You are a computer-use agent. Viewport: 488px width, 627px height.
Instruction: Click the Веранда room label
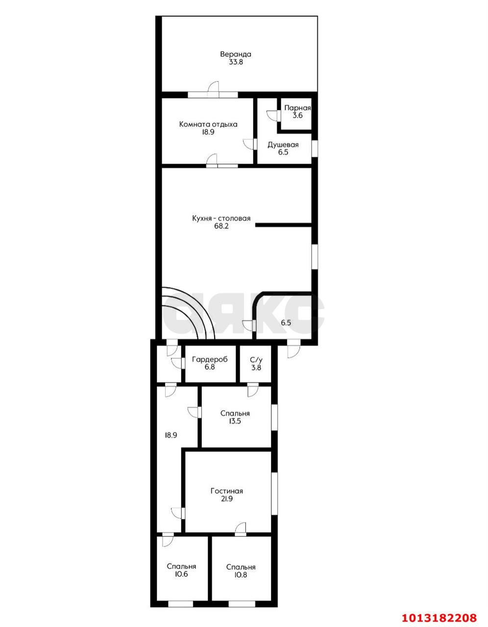(x=236, y=54)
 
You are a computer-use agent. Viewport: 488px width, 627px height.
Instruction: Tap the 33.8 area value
(x=236, y=62)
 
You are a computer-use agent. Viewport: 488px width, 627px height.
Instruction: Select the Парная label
(x=297, y=108)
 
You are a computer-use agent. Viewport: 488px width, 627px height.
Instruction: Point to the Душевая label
(x=283, y=145)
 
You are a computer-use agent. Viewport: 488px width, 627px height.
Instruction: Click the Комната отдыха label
(x=208, y=124)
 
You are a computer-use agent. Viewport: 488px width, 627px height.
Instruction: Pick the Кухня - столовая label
(x=221, y=218)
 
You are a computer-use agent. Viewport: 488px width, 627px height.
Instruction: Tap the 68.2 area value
(x=221, y=226)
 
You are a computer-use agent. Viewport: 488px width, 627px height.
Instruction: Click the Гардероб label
(x=210, y=359)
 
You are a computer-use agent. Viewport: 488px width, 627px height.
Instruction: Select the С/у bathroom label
(x=256, y=360)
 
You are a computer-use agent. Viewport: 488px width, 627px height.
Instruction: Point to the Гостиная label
(x=227, y=491)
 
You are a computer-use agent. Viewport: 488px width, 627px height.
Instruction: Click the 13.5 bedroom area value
(x=235, y=421)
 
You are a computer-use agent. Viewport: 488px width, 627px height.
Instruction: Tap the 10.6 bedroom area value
(x=181, y=574)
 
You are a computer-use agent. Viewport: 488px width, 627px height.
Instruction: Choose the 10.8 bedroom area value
(x=241, y=575)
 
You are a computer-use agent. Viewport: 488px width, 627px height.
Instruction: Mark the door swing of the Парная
(x=272, y=115)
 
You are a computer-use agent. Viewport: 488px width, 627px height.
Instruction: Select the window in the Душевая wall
(x=315, y=148)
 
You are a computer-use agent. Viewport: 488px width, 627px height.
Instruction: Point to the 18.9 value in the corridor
(x=171, y=435)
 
